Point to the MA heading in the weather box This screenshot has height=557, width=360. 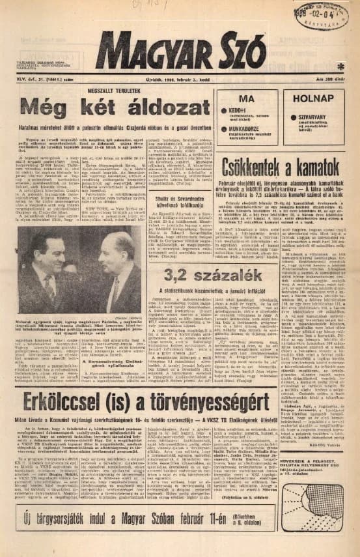pos(246,98)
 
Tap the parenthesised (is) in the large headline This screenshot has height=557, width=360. pos(139,402)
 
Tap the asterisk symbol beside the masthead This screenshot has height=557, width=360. pos(340,66)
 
